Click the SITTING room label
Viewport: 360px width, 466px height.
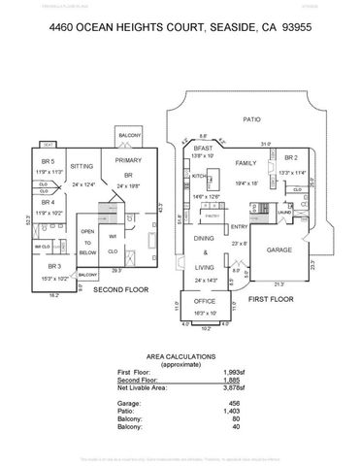click(82, 166)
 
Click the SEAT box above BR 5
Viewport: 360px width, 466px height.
click(48, 145)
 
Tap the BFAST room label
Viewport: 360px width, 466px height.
click(201, 148)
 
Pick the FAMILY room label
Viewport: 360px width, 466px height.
click(245, 163)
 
